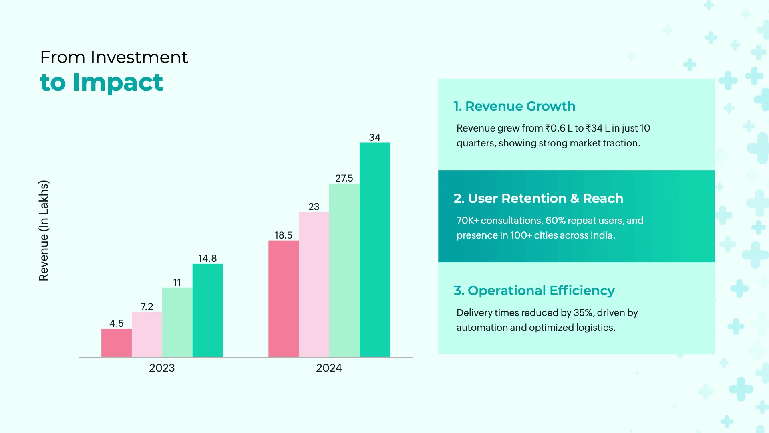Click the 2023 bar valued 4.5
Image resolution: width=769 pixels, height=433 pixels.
point(116,343)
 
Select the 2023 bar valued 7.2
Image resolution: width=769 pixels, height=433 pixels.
point(147,334)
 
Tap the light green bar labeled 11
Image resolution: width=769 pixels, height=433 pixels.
point(177,322)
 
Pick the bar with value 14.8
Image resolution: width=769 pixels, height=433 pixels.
point(207,310)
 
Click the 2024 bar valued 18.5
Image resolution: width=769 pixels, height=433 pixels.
point(283,299)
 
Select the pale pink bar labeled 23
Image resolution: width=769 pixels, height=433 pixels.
point(314,284)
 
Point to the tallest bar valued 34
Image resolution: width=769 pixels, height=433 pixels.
point(374,249)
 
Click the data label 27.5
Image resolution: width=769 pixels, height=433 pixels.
point(344,178)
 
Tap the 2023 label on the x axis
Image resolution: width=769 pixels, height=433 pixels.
point(162,368)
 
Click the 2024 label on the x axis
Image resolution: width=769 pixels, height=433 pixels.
point(329,368)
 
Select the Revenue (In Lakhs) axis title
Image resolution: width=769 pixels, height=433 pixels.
point(44,231)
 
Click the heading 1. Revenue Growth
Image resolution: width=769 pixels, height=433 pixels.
point(514,106)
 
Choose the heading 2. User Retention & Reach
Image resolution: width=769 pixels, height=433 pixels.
point(538,198)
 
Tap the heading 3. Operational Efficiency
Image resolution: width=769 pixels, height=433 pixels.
point(534,291)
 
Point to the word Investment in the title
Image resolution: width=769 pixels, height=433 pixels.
point(139,57)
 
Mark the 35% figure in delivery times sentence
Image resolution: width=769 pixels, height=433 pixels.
point(583,313)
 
